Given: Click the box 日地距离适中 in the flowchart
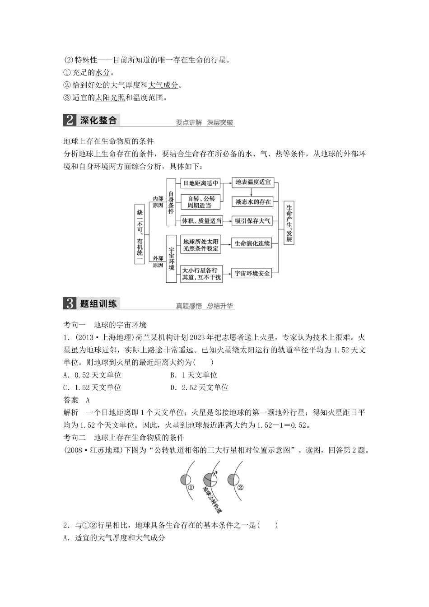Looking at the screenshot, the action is pos(200,183).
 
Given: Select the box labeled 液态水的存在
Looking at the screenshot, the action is pos(253,202).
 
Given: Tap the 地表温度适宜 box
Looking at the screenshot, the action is pos(253,182).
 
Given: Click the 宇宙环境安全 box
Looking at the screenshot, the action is pos(252,273).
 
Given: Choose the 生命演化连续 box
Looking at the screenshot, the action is pos(252,243).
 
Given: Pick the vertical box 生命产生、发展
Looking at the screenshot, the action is pos(289,224).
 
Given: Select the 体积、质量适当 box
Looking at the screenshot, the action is pos(201,221).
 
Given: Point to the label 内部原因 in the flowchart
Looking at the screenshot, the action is pos(158,202).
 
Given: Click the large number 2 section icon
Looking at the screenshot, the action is pos(70,121).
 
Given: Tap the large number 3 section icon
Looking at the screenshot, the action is pos(70,304).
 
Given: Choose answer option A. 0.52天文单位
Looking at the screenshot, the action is pos(93,375).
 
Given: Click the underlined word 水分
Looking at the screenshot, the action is pos(103,73).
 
